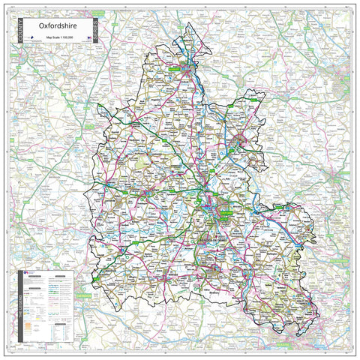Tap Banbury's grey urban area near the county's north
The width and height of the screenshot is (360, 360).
[x=185, y=73]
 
